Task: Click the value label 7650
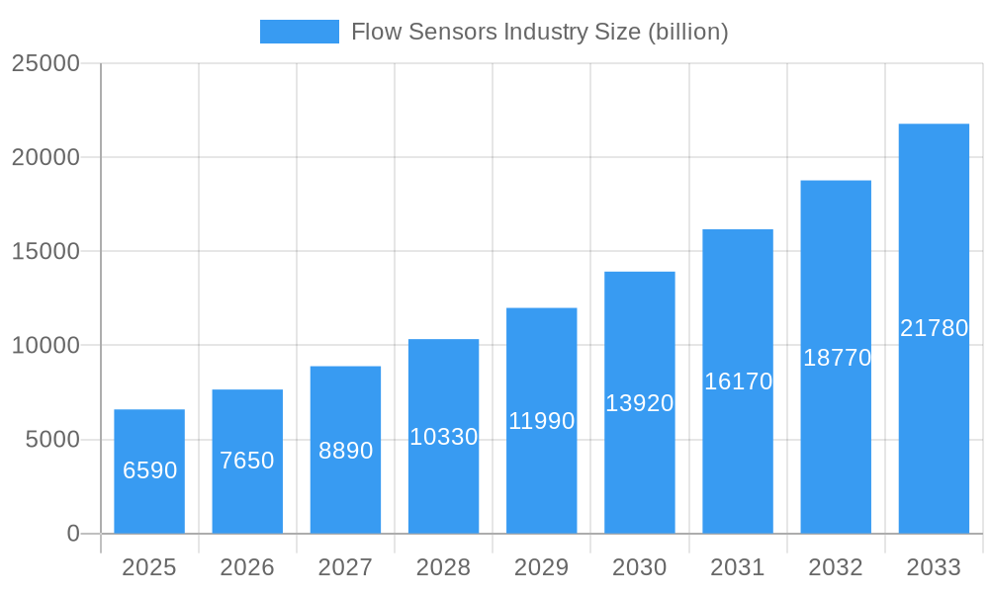pos(247,461)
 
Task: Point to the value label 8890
pos(345,451)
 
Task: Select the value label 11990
pos(541,421)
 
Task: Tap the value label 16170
pos(738,381)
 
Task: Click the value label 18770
pos(837,358)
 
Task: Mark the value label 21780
pos(934,328)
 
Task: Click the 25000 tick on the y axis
pos(45,63)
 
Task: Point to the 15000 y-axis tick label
pos(45,251)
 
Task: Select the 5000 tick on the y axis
pos(52,440)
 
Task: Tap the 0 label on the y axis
pos(73,534)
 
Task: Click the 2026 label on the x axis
pos(247,567)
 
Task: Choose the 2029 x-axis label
pos(541,567)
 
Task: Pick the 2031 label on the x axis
pos(738,567)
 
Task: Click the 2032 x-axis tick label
pos(836,567)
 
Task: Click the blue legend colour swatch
pos(299,32)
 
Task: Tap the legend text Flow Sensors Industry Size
pos(539,32)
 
